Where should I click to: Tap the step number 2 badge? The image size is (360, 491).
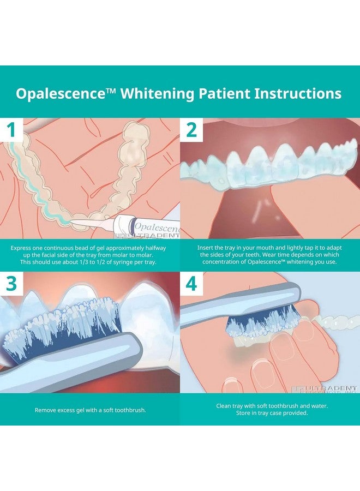pyautogui.click(x=191, y=130)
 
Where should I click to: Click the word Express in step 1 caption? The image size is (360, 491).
pyautogui.click(x=22, y=247)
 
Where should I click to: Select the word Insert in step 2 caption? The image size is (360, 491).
pyautogui.click(x=207, y=247)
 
